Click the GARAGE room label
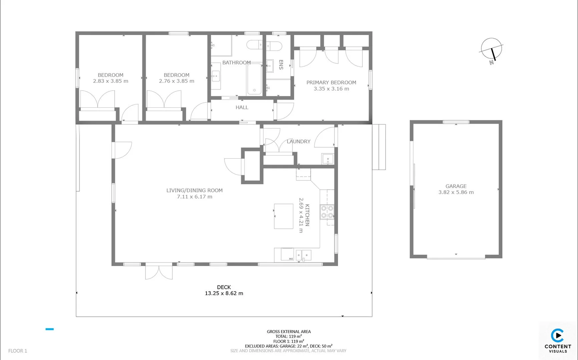click(x=456, y=186)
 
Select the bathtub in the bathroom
click(x=254, y=79)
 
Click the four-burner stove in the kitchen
click(x=327, y=212)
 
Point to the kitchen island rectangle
click(x=283, y=216)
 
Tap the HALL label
click(x=242, y=107)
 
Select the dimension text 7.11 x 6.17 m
click(x=194, y=197)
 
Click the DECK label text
click(x=224, y=287)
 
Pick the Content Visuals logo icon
click(x=557, y=335)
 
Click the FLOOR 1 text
click(x=18, y=351)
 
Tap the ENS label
click(x=281, y=65)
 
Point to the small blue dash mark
click(x=50, y=329)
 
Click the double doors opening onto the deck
click(x=159, y=272)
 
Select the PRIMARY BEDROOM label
click(x=331, y=82)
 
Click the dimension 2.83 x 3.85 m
click(x=110, y=81)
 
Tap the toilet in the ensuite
click(x=274, y=46)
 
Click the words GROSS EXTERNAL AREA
click(x=288, y=331)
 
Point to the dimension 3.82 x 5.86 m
click(x=456, y=192)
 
